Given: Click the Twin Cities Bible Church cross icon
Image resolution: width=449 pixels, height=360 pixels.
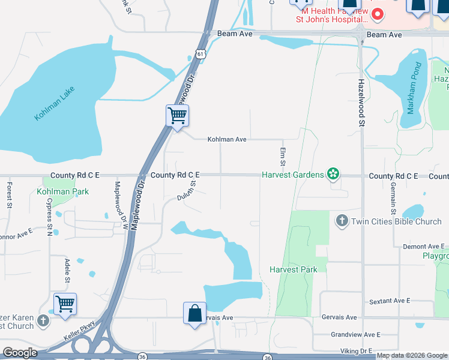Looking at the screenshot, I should pos(342,221).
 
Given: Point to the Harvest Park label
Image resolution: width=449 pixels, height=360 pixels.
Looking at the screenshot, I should pos(293,270).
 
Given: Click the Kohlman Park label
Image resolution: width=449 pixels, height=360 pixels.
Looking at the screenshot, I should pos(62,191).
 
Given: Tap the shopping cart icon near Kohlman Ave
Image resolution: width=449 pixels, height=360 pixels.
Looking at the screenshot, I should pos(177,115).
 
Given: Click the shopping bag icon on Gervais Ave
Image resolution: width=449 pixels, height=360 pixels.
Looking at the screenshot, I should pos(194,313).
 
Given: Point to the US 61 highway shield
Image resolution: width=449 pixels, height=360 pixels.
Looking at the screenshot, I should pos(199,54).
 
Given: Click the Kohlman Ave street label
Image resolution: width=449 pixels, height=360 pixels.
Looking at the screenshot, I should pos(227,139).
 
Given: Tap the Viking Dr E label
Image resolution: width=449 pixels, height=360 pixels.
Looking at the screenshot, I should pos(357,350).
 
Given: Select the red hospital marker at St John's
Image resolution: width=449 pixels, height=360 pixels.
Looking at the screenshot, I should pos(378,13).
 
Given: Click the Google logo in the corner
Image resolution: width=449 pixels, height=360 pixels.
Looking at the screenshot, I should pos(20,353).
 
